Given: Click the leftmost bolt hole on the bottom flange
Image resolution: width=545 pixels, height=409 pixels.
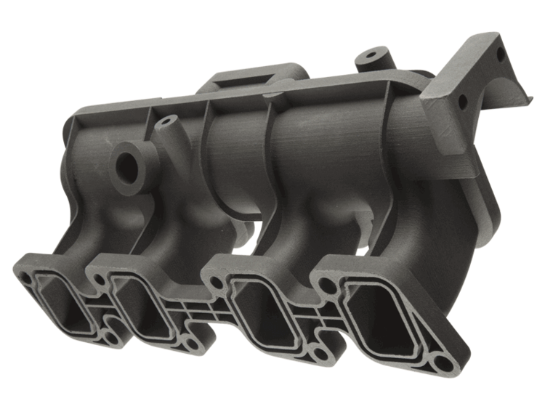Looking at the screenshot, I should point(27,279).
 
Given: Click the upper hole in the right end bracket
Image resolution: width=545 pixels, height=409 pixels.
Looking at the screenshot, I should point(500,54).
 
